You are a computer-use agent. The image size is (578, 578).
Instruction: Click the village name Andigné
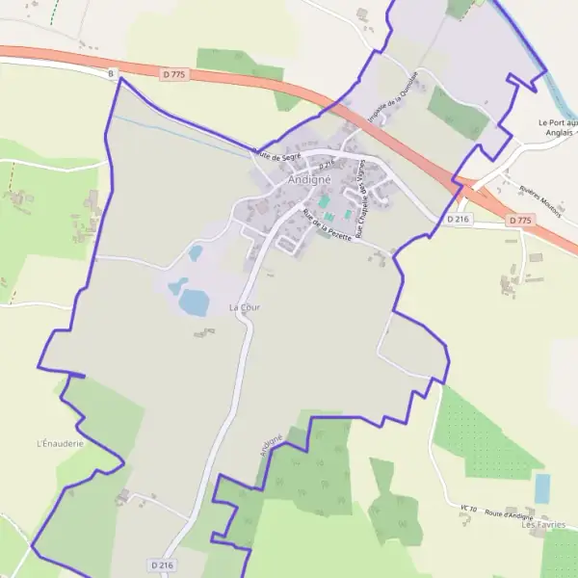click(x=308, y=179)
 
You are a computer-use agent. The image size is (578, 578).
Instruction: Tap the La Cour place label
click(x=245, y=306)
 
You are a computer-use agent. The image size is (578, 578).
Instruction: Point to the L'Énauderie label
click(x=60, y=443)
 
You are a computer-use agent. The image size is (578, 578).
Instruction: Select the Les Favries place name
click(x=541, y=525)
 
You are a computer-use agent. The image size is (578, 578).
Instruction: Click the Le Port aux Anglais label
click(x=557, y=129)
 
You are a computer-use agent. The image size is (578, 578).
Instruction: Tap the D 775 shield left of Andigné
click(x=172, y=72)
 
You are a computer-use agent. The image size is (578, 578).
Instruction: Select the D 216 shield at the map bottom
click(x=162, y=565)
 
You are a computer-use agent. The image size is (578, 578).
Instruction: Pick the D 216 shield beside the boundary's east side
click(x=458, y=220)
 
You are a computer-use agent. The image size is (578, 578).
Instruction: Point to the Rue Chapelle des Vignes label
click(x=362, y=198)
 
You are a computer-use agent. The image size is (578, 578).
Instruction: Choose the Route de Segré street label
click(x=278, y=154)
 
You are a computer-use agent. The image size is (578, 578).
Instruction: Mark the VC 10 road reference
click(x=469, y=508)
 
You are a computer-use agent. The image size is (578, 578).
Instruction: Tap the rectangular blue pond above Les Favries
click(x=542, y=488)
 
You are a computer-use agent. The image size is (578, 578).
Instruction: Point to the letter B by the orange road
click(x=111, y=73)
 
